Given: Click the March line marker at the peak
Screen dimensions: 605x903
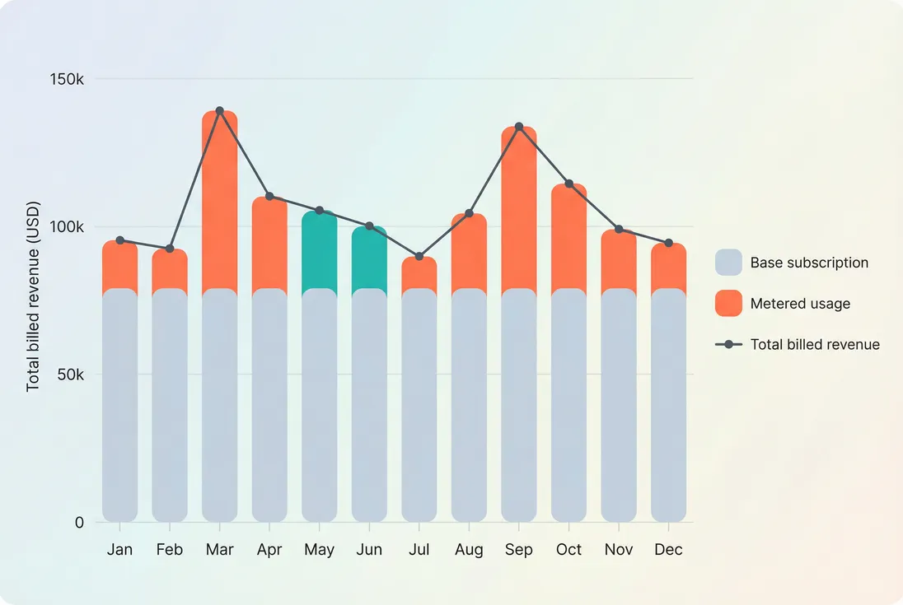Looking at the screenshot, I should point(219,110).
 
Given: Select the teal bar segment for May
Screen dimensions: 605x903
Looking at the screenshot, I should point(320,251).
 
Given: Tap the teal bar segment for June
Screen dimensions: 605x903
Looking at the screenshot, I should point(369,258).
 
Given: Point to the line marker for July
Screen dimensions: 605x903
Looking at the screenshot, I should point(419,257).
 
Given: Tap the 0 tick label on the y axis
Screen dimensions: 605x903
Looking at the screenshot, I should point(79,523).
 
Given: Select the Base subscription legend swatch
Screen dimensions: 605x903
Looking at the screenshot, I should point(728,263).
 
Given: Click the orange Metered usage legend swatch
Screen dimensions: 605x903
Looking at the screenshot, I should point(728,303).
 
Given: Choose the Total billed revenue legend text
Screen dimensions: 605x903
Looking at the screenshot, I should point(815,345).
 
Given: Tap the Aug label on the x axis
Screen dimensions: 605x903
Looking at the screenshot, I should point(469,550).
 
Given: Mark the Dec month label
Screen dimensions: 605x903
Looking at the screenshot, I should point(668,550).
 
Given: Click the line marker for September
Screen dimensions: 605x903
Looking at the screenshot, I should point(519,127).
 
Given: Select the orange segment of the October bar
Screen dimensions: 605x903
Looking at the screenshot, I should point(568,239).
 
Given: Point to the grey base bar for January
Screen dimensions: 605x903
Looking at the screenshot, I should point(120,403).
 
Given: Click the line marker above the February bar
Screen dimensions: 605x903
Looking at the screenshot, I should point(170,249).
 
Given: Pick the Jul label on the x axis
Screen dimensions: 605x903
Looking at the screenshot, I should point(419,550).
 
